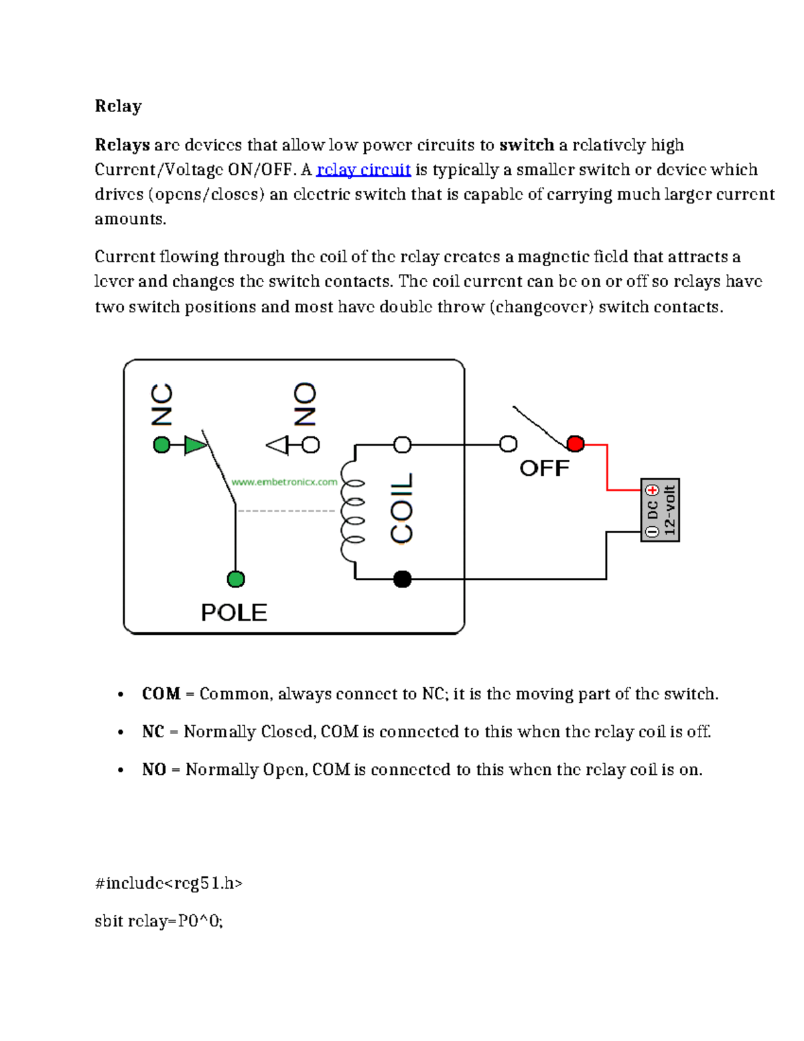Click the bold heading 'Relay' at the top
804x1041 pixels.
click(x=118, y=107)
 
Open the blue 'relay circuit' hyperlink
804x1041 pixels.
click(x=363, y=170)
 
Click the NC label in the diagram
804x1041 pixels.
click(x=162, y=404)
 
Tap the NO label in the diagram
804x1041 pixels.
click(x=305, y=404)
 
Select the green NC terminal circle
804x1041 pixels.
click(x=162, y=444)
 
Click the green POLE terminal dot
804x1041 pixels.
click(x=236, y=579)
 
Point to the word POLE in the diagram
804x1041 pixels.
click(x=234, y=613)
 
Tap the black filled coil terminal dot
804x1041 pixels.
click(x=402, y=579)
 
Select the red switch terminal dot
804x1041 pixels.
click(x=576, y=444)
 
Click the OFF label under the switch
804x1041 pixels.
click(x=544, y=468)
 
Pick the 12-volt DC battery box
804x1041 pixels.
click(x=660, y=510)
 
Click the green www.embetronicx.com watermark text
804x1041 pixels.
click(x=284, y=482)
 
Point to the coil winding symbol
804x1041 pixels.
click(x=352, y=511)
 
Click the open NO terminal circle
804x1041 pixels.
click(x=311, y=444)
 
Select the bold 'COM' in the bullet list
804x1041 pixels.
click(x=161, y=694)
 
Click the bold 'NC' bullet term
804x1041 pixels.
click(x=153, y=731)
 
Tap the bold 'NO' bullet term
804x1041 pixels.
click(x=154, y=770)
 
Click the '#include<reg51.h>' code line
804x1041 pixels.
click(x=169, y=883)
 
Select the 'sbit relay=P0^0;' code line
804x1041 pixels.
click(x=159, y=921)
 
